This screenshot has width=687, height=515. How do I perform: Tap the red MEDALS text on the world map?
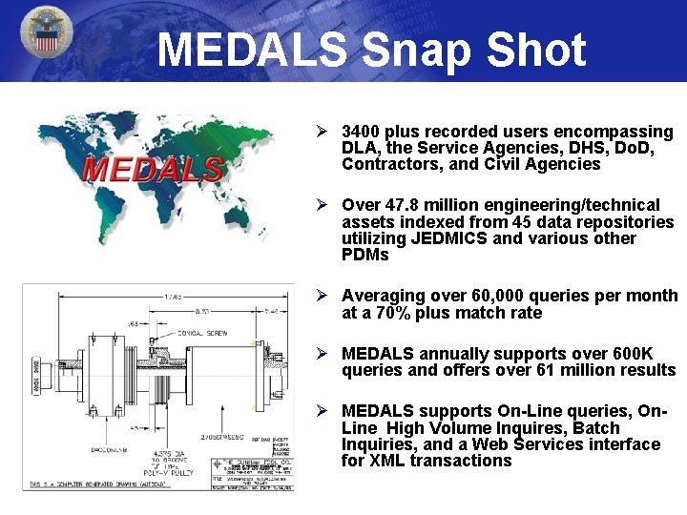154,171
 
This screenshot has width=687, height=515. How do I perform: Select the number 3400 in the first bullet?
363,132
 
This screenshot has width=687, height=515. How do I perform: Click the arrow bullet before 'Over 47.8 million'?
323,205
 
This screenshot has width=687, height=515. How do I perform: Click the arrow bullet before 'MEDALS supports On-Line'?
323,411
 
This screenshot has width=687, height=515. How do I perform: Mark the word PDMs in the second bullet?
365,255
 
